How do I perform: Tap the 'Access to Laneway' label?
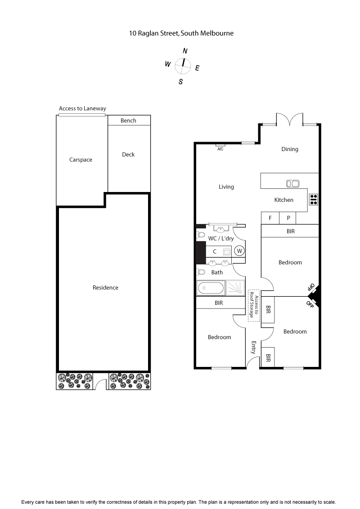(82, 109)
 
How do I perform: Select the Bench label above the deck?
(129, 121)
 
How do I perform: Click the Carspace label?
(81, 160)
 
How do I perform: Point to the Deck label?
(128, 155)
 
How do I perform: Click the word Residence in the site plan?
(105, 288)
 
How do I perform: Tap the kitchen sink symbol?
(293, 183)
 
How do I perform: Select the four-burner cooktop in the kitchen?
(313, 199)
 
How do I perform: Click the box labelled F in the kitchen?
(270, 218)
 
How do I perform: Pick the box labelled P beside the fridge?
(288, 218)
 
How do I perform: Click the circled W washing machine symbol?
(239, 251)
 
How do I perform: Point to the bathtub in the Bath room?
(211, 287)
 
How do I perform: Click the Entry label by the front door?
(254, 348)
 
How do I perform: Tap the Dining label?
(290, 149)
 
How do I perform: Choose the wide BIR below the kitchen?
(290, 231)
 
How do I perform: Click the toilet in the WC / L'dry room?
(201, 235)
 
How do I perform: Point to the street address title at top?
(181, 33)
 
